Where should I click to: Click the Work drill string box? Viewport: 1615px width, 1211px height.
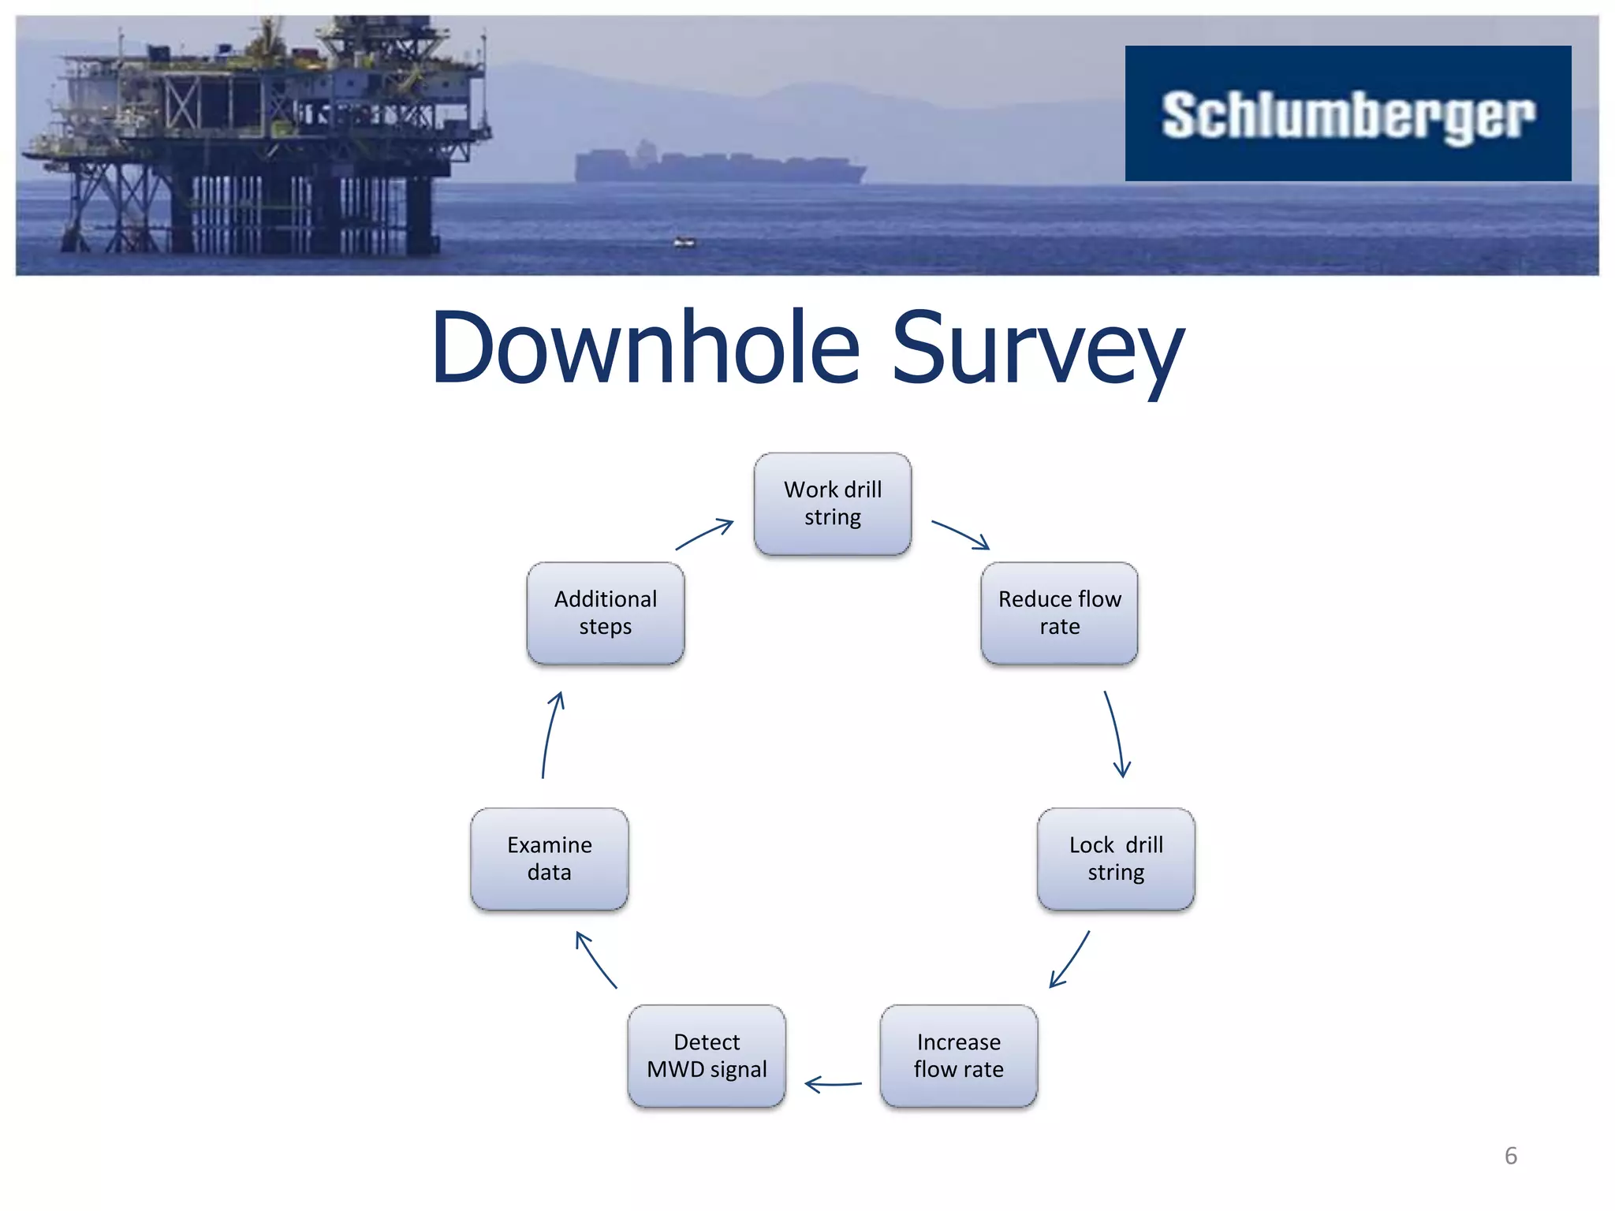[x=833, y=504]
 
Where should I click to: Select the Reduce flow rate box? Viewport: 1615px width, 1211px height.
[x=1059, y=613]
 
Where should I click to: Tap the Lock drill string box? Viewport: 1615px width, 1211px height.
[x=1116, y=859]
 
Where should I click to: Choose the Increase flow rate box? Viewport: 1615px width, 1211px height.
[x=958, y=1056]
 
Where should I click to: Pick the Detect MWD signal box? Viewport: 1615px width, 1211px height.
[x=707, y=1056]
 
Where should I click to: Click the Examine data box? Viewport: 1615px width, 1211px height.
[x=550, y=859]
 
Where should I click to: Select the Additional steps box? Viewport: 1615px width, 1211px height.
[x=606, y=613]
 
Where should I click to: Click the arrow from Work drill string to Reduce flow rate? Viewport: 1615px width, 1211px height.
[x=960, y=534]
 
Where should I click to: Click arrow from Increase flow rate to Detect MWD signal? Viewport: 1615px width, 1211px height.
[x=834, y=1085]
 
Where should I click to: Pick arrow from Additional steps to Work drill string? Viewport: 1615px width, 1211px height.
[x=704, y=534]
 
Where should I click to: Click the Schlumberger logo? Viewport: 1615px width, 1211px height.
[x=1348, y=114]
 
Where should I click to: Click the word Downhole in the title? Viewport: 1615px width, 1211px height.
[x=645, y=348]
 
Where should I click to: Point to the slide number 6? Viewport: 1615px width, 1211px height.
[x=1510, y=1156]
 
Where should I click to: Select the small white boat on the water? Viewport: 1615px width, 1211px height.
[x=684, y=242]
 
